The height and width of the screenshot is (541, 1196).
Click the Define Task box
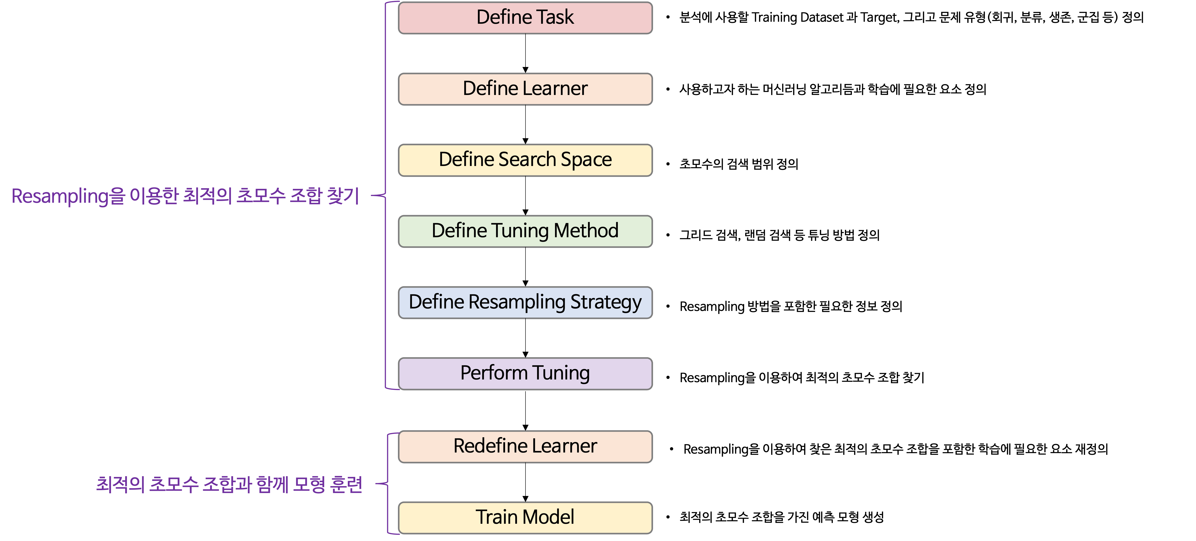point(525,18)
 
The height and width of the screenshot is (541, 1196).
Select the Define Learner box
point(525,89)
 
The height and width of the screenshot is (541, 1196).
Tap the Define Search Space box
point(525,160)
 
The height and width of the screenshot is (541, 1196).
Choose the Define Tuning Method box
point(525,231)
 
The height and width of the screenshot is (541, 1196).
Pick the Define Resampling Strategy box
point(525,302)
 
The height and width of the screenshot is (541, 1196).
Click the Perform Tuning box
point(525,373)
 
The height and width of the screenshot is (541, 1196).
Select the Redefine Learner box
point(525,446)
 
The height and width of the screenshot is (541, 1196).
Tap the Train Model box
point(525,517)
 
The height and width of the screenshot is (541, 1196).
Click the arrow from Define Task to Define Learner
point(525,53)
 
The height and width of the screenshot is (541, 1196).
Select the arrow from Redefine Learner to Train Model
point(525,482)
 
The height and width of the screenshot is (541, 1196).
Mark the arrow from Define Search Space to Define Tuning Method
point(525,196)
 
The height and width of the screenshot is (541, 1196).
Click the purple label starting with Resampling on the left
point(185,196)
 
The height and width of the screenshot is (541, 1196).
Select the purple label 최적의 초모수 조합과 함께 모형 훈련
point(229,484)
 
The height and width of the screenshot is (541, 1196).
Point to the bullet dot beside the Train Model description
point(668,517)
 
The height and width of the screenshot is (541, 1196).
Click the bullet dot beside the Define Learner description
point(668,89)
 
